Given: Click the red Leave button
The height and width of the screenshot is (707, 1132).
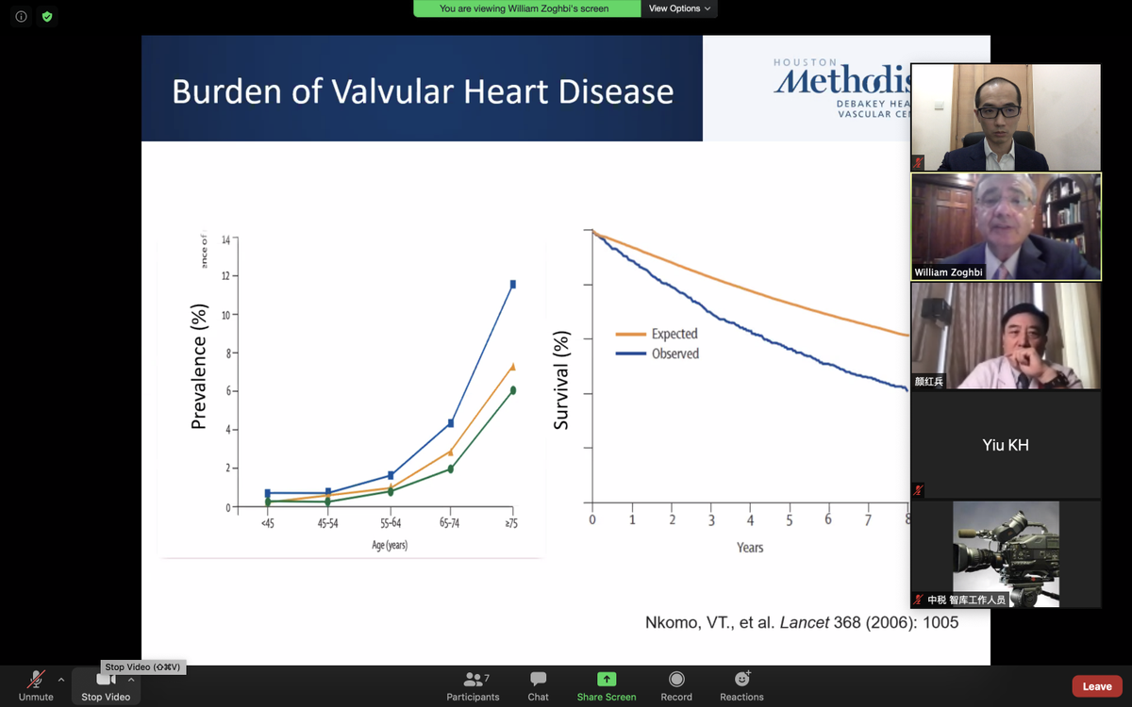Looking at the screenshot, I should [1096, 686].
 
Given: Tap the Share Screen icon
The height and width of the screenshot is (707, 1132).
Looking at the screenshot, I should [607, 680].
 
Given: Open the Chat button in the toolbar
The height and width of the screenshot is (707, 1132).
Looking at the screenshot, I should [538, 680].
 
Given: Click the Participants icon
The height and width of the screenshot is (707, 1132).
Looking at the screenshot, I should [473, 680].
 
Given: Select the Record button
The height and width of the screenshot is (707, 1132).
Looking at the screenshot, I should [675, 680].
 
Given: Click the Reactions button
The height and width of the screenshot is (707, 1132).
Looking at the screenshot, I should [741, 680].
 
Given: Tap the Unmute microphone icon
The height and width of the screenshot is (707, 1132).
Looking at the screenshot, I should [36, 680].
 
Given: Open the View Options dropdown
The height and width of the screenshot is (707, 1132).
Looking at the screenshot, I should [679, 8].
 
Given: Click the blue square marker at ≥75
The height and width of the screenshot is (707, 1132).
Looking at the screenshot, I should [513, 284].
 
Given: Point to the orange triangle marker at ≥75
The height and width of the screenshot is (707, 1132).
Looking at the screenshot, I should [513, 367].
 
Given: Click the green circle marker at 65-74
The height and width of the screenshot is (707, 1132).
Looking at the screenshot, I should [451, 469].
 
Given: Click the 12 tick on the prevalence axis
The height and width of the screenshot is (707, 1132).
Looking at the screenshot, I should [225, 276].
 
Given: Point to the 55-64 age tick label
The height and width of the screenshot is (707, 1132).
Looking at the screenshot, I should [391, 523].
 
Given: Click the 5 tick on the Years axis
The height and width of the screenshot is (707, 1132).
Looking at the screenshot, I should [789, 520].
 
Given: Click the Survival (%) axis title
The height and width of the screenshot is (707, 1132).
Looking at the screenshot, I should [561, 381].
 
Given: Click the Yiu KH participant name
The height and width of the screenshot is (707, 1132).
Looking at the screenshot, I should [1005, 445].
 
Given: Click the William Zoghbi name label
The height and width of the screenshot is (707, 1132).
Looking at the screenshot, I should [948, 272].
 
